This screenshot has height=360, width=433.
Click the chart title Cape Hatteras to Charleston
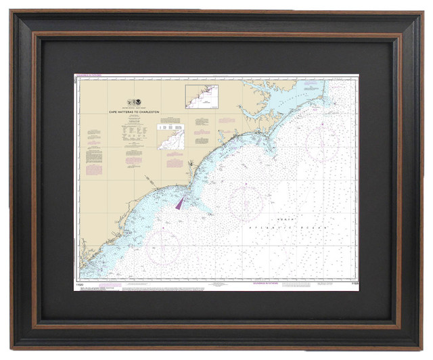pyautogui.click(x=132, y=112)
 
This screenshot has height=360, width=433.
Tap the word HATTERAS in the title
pyautogui.click(x=128, y=112)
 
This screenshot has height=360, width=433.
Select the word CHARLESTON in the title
pyautogui.click(x=149, y=112)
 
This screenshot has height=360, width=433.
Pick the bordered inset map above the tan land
pyautogui.click(x=202, y=97)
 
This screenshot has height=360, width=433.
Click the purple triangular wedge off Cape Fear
pyautogui.click(x=181, y=202)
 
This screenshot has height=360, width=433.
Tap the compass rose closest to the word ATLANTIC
pyautogui.click(x=245, y=202)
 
